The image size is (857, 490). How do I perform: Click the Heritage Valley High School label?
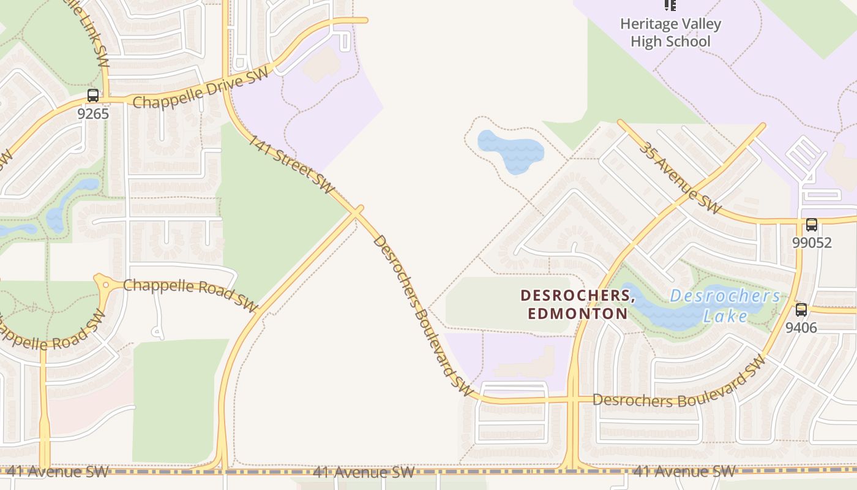click(670, 33)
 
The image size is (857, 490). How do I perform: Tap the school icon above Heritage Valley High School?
click(670, 6)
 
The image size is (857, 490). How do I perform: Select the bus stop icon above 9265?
click(93, 96)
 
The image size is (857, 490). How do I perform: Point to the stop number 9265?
click(93, 113)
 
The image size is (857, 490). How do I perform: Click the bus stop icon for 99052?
click(812, 225)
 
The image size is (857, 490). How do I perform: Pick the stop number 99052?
click(812, 243)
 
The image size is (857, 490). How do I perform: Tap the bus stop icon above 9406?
click(801, 310)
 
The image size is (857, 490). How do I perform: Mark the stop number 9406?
click(801, 328)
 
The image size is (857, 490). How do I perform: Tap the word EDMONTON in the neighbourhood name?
click(577, 314)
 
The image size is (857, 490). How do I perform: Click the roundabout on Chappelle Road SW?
click(105, 284)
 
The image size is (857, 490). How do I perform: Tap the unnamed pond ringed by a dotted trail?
click(509, 149)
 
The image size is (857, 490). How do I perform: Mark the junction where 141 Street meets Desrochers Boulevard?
click(357, 211)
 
